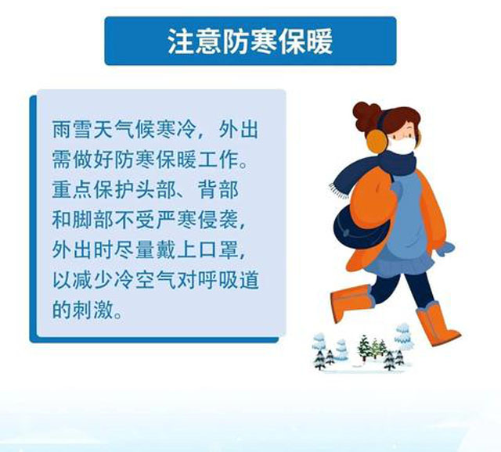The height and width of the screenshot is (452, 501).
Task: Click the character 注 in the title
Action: [181, 41]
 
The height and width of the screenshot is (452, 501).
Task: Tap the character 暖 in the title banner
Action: [319, 41]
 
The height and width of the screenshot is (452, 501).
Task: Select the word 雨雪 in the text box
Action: [72, 129]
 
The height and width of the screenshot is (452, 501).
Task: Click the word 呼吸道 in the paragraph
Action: [228, 281]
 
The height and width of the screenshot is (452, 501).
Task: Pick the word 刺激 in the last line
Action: [92, 310]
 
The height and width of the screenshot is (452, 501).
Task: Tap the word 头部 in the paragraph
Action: [157, 189]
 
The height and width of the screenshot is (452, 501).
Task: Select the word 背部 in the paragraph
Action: [218, 189]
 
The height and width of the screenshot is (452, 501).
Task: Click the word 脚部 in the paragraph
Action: [92, 220]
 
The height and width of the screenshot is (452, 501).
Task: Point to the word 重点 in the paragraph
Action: [72, 189]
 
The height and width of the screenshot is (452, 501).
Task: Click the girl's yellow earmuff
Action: [377, 142]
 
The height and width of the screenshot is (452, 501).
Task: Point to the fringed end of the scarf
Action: [339, 191]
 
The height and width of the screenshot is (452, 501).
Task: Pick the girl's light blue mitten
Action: [445, 249]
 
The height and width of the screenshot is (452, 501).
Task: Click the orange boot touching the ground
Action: [437, 324]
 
